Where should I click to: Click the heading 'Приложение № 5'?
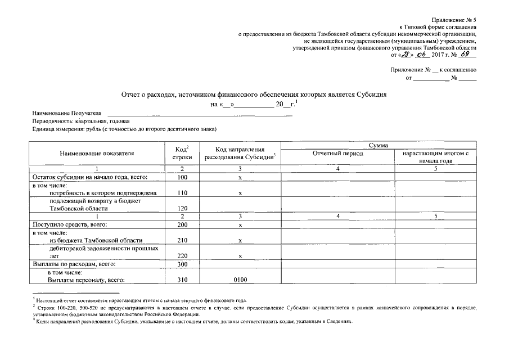tap(454, 19)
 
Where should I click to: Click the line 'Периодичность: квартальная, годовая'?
tap(81, 121)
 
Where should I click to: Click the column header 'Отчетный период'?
tap(337, 153)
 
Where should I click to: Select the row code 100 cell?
tap(182, 178)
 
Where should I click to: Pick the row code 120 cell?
tap(182, 208)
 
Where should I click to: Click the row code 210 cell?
tap(182, 240)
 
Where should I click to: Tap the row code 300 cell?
tap(182, 264)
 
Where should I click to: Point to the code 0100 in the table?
tap(240, 280)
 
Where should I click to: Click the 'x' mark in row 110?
tap(240, 193)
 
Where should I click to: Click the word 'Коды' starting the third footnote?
tap(43, 323)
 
